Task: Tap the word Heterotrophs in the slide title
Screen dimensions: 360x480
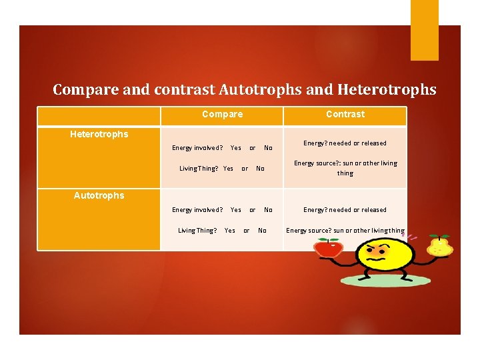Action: [x=387, y=89]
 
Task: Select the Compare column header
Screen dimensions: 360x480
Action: [x=222, y=114]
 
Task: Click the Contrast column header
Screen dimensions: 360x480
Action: [x=345, y=114]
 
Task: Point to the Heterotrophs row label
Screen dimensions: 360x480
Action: [x=99, y=134]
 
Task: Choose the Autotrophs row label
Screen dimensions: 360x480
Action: [x=99, y=195]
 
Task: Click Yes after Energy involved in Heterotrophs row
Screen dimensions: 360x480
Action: [x=235, y=147]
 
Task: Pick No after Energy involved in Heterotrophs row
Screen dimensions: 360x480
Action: [x=268, y=147]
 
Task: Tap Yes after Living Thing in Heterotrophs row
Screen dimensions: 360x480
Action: [x=228, y=169]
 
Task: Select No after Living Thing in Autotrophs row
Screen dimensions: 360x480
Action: [x=262, y=231]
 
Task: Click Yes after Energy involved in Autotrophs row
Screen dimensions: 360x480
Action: [x=235, y=209]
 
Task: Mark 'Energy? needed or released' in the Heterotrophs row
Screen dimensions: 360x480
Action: [x=345, y=143]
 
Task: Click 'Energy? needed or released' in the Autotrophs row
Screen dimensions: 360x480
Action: [x=345, y=209]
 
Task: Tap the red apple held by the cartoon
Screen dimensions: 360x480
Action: [x=328, y=249]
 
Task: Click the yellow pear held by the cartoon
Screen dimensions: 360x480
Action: [x=441, y=246]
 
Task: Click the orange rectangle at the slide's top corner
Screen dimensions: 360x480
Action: [x=424, y=30]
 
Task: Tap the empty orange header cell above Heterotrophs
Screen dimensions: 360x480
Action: [x=99, y=117]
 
